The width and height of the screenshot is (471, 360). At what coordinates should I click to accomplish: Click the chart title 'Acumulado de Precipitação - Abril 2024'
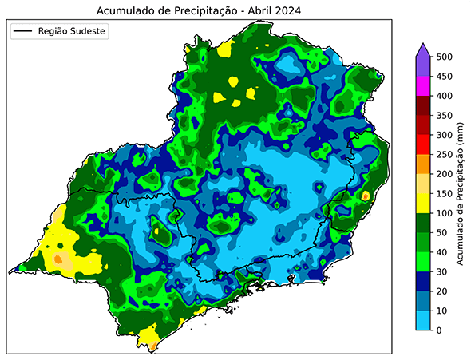[x=200, y=10]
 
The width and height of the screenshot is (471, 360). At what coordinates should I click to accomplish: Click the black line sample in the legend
[x=23, y=31]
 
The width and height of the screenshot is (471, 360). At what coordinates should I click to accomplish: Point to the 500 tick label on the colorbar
[x=446, y=57]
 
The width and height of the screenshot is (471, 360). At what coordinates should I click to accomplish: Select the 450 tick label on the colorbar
[x=446, y=77]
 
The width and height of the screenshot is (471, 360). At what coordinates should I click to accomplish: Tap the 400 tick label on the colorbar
[x=446, y=96]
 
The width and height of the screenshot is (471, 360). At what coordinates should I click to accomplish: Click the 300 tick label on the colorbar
[x=446, y=135]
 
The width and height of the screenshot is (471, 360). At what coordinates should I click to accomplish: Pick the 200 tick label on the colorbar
[x=446, y=174]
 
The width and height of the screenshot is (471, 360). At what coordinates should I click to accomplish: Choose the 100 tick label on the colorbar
[x=446, y=213]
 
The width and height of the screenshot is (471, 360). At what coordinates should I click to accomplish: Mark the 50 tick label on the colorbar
[x=444, y=232]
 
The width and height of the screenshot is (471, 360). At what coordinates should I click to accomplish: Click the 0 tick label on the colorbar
[x=441, y=330]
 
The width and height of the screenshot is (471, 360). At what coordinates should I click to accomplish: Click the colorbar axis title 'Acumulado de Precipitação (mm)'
[x=461, y=194]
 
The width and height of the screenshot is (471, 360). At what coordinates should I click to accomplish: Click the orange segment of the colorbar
[x=424, y=164]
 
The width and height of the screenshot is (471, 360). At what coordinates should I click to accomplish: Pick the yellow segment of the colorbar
[x=424, y=204]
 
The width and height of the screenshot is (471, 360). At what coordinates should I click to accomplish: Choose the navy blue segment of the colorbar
[x=424, y=282]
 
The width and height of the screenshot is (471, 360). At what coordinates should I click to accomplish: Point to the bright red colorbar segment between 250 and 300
[x=424, y=144]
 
